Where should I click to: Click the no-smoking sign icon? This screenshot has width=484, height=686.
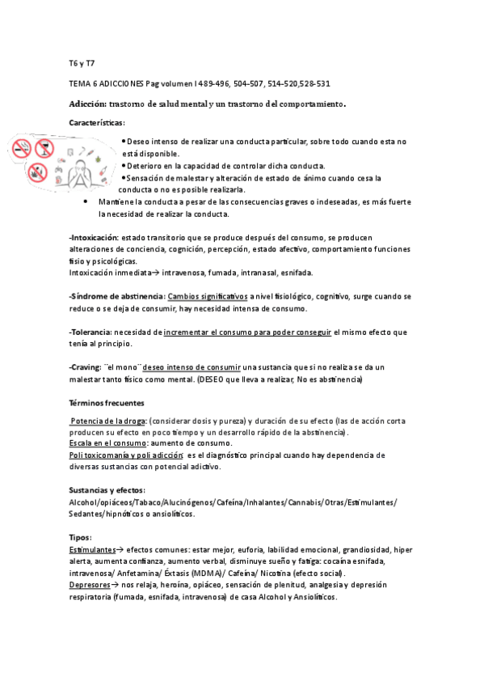click(22, 147)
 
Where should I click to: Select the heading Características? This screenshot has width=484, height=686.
click(97, 122)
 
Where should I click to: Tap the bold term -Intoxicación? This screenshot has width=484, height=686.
click(94, 239)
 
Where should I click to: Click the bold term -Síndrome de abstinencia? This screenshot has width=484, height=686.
click(117, 296)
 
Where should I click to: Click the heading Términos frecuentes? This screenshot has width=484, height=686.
click(106, 402)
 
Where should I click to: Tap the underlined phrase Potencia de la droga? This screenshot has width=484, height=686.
click(108, 421)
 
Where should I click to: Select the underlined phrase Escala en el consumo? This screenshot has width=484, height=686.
click(107, 443)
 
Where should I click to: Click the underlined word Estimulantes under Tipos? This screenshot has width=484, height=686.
click(92, 549)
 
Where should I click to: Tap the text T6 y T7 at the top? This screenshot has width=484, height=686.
click(82, 62)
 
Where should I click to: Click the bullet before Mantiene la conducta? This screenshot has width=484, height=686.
click(86, 202)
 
